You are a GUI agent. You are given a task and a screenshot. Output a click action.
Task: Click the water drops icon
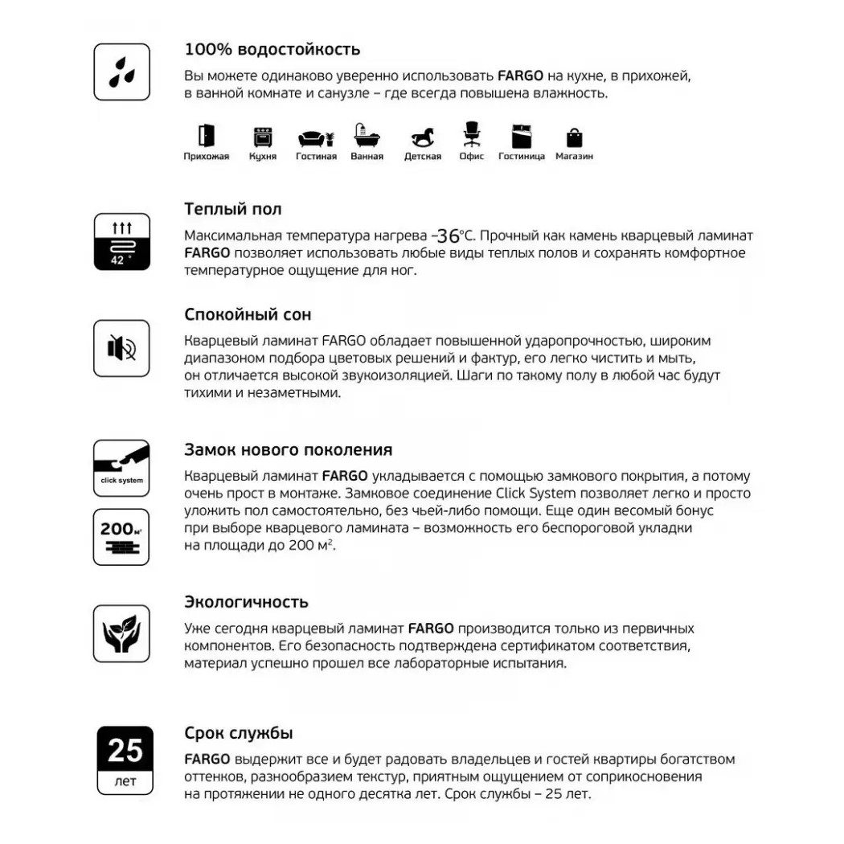tap(122, 72)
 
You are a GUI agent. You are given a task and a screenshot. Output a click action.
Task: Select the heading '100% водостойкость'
tap(272, 50)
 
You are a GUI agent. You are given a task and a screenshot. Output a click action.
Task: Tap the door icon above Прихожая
tap(207, 136)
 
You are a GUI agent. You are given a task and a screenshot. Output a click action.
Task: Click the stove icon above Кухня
tap(263, 137)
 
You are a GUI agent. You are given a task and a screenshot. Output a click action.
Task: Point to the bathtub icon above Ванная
tap(367, 136)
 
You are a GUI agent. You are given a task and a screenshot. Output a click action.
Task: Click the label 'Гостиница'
tap(522, 157)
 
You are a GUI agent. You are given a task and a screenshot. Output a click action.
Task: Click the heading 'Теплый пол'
tap(233, 210)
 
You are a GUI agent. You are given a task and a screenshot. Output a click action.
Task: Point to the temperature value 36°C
tap(454, 236)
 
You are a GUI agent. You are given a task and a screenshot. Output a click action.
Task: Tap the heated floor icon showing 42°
tap(122, 242)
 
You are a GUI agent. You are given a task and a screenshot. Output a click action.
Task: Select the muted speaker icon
tap(122, 348)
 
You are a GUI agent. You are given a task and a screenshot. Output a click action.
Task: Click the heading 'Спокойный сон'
tap(248, 314)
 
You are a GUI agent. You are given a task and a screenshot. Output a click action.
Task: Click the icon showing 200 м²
tap(122, 536)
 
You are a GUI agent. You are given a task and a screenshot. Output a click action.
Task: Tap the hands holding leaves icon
tap(122, 633)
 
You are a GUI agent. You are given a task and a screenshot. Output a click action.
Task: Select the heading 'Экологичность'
tap(246, 602)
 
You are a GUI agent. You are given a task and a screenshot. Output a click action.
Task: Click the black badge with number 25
tap(125, 751)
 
